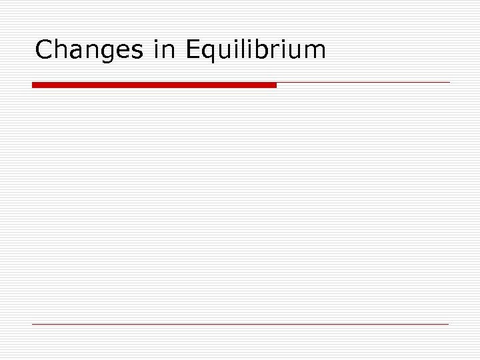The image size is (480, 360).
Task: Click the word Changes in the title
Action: click(x=89, y=50)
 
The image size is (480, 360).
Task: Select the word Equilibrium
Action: click(x=257, y=50)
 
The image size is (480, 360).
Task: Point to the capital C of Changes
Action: click(x=44, y=50)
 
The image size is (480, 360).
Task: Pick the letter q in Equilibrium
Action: click(x=210, y=53)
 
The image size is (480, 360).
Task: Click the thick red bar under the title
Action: click(x=154, y=85)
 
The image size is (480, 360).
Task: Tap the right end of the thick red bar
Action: click(x=274, y=85)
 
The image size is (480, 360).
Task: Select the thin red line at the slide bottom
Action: click(x=240, y=324)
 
